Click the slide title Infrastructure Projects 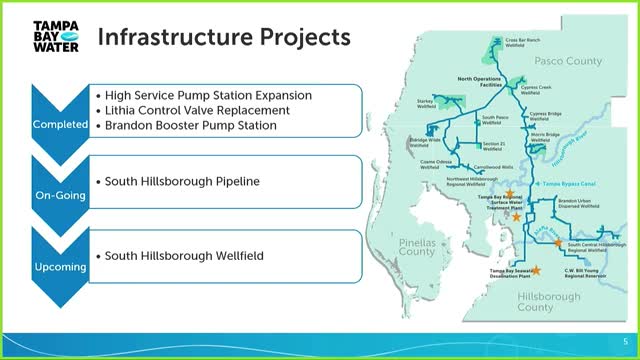click(x=222, y=38)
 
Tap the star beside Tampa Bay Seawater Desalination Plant click(x=537, y=270)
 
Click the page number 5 click(x=624, y=340)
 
